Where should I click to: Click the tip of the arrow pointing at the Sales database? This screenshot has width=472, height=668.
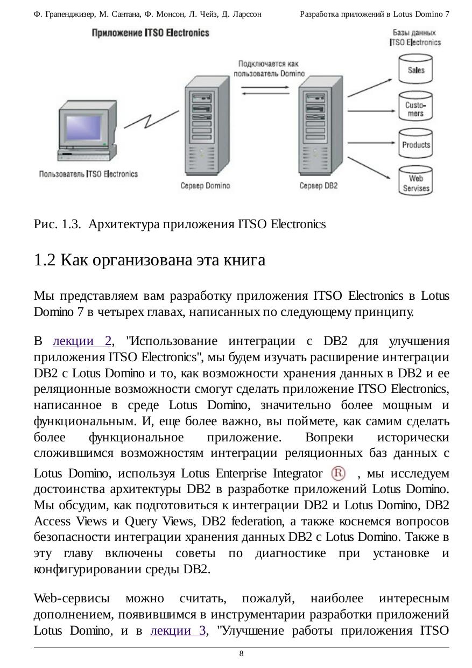[392, 79]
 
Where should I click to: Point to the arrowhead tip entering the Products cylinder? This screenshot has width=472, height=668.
[396, 143]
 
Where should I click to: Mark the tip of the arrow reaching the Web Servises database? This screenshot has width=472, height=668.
[391, 179]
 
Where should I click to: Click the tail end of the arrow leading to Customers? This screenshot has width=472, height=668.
[348, 111]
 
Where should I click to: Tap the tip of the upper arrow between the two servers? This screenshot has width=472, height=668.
[289, 87]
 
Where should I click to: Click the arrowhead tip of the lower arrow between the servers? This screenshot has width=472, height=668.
[241, 94]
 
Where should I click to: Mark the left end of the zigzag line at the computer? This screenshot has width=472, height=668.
[124, 128]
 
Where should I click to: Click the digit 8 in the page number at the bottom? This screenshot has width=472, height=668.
[241, 653]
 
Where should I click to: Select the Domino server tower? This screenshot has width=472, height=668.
[207, 126]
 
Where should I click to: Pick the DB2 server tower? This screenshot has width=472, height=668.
[321, 126]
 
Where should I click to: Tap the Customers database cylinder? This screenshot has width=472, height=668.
[415, 106]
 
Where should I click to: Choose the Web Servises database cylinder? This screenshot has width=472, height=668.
[415, 180]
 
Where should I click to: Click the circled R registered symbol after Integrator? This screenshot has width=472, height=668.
[339, 473]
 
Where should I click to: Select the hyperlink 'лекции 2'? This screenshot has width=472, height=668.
[82, 341]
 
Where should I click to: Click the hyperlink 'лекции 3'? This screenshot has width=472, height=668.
[178, 631]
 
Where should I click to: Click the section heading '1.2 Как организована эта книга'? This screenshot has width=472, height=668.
[150, 260]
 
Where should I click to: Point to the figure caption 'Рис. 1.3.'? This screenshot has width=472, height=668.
[57, 224]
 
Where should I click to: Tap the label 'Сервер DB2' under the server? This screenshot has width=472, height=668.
[319, 186]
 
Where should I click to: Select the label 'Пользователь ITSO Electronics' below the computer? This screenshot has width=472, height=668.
[89, 174]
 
